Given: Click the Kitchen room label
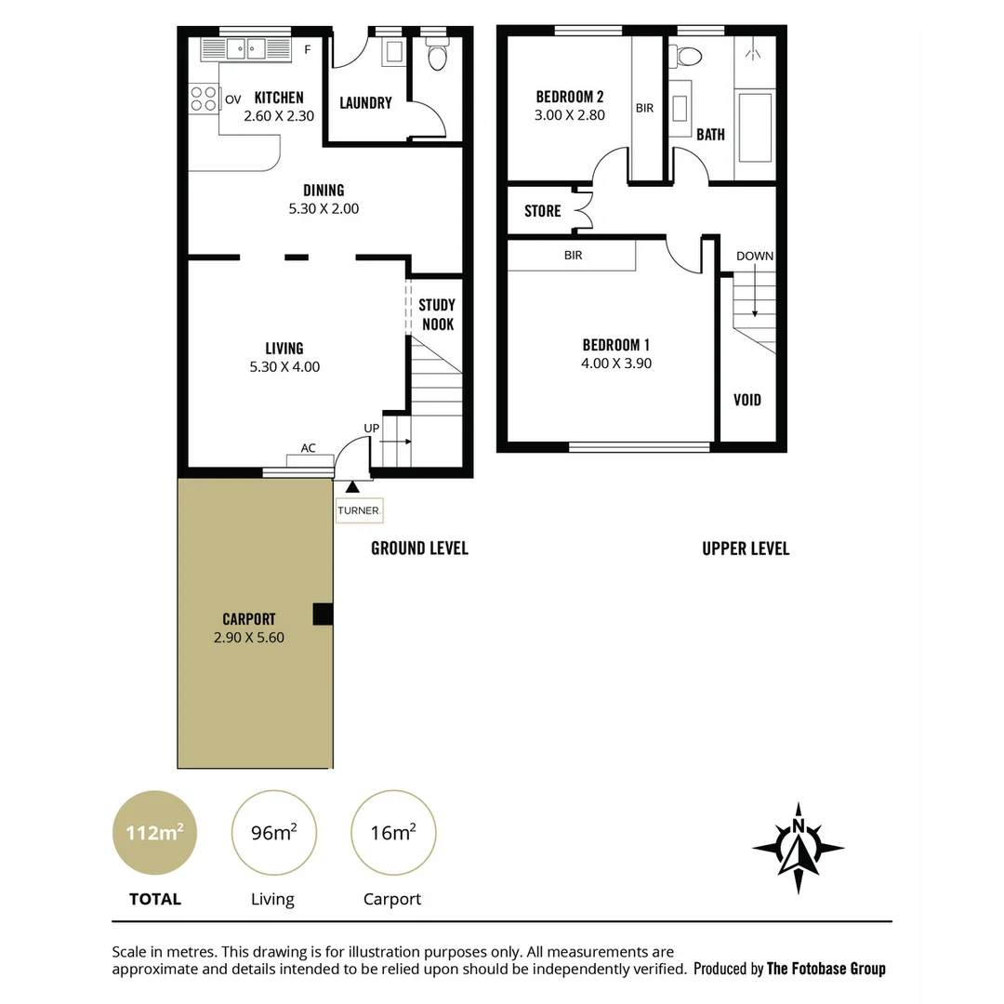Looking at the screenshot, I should pos(279,98).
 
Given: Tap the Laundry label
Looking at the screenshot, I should pos(365,103).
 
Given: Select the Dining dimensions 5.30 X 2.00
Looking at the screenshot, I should pos(324,209).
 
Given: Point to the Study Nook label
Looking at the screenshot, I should pos(437,314).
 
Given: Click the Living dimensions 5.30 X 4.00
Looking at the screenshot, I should pos(284,367).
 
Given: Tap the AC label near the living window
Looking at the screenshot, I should pos(308,448).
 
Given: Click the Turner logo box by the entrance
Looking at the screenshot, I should pos(359,510).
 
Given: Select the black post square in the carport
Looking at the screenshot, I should pos(323,614).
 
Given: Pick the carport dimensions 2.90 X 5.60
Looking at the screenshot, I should pos(249,638).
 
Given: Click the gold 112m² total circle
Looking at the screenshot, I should pos(155,833).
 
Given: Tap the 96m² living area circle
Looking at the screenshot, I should pos(273,833).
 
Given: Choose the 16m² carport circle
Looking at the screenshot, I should pos(392,833).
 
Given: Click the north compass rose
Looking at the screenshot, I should pos(798,847).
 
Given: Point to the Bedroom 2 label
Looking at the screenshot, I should pos(570,97).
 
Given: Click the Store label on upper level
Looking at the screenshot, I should pos(542,211).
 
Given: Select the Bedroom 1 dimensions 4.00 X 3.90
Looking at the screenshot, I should pos(616,363).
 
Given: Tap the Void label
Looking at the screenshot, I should pos(747,400).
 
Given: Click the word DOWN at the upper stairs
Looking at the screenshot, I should pos(754,256).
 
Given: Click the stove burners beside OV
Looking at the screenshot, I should pos(203,99).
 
